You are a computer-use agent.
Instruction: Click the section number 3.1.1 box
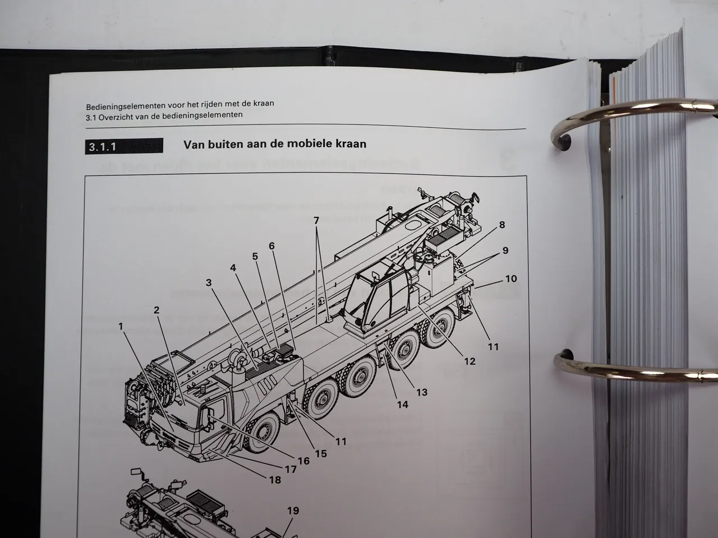pos(124,146)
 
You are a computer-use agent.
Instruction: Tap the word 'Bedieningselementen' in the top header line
pos(126,106)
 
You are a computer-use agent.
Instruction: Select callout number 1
pos(121,326)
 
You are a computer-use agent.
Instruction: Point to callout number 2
pos(157,310)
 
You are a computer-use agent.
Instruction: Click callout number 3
pos(209,282)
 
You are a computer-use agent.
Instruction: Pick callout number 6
pos(271,245)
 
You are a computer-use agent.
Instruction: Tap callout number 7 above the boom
pos(316,220)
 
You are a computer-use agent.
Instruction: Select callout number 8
pos(502,224)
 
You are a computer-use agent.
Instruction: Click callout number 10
pos(511,279)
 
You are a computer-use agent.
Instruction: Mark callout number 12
pos(470,361)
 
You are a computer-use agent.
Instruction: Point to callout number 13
pos(422,392)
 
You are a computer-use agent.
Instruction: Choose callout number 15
pos(321,453)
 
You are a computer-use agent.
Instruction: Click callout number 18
pos(275,480)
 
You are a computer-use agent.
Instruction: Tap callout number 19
pos(293,511)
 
